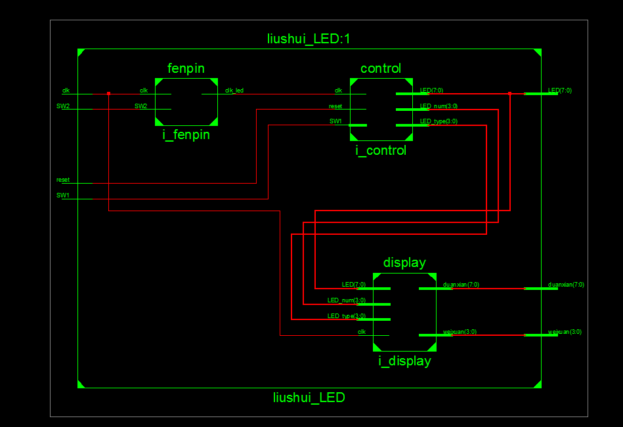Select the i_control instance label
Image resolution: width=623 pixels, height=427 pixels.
pyautogui.click(x=381, y=150)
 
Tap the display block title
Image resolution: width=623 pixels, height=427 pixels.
pyautogui.click(x=404, y=262)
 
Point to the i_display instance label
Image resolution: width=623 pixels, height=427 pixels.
pyautogui.click(x=404, y=361)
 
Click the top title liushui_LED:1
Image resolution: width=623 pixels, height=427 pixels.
pyautogui.click(x=309, y=39)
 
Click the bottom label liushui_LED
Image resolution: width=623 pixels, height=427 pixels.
pyautogui.click(x=309, y=397)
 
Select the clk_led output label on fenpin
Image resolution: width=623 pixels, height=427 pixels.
pyautogui.click(x=234, y=91)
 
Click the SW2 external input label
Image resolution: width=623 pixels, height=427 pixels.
pyautogui.click(x=63, y=106)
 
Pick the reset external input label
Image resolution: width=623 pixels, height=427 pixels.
pyautogui.click(x=63, y=179)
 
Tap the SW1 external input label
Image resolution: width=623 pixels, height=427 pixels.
pyautogui.click(x=63, y=195)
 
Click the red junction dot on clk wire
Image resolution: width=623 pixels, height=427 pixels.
pyautogui.click(x=108, y=93)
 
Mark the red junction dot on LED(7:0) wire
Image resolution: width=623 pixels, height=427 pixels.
pyautogui.click(x=509, y=93)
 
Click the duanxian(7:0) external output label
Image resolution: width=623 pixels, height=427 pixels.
pyautogui.click(x=566, y=285)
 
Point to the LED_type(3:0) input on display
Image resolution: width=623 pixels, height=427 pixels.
pyautogui.click(x=347, y=316)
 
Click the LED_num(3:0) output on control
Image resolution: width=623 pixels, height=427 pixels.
pyautogui.click(x=439, y=106)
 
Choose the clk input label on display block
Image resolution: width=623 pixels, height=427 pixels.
pyautogui.click(x=362, y=332)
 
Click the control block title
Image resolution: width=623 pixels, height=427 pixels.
pyautogui.click(x=381, y=68)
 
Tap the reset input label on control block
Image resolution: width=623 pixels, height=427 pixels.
pyautogui.click(x=335, y=106)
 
